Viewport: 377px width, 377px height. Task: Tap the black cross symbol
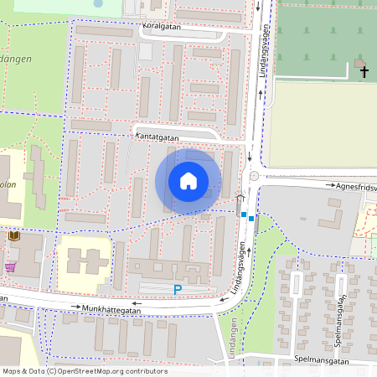click(x=364, y=72)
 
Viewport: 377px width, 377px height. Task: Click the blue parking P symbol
click(x=177, y=290)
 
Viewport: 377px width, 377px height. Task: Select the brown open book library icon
click(x=13, y=236)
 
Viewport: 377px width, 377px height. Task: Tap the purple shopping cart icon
click(x=10, y=267)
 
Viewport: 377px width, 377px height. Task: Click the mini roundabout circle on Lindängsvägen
click(x=253, y=176)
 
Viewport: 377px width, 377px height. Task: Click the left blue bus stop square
click(x=244, y=215)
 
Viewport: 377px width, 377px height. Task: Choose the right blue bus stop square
click(x=251, y=219)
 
